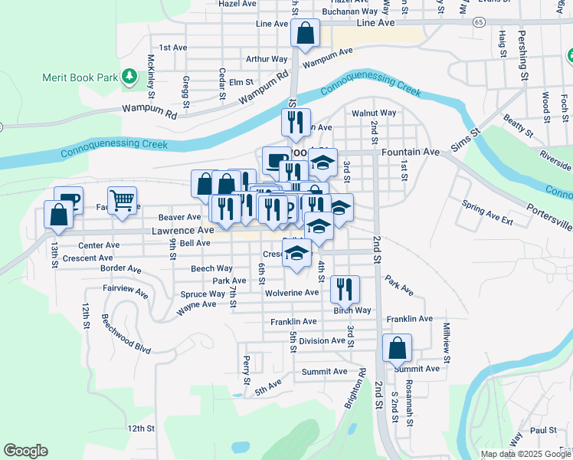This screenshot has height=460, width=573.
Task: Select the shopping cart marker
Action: click(x=122, y=201)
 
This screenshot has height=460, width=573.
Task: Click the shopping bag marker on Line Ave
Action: click(x=305, y=34)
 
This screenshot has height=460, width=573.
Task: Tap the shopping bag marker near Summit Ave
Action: click(x=398, y=348)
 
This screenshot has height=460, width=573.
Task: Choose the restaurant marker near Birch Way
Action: click(x=345, y=289)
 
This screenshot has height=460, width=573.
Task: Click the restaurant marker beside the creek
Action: click(x=295, y=122)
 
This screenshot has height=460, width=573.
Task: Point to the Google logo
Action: click(x=25, y=451)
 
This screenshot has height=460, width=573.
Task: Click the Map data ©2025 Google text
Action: click(x=525, y=454)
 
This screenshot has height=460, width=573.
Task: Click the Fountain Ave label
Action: click(x=415, y=152)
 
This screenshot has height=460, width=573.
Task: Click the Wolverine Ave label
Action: click(x=291, y=293)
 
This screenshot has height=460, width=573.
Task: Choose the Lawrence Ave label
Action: click(x=182, y=230)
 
